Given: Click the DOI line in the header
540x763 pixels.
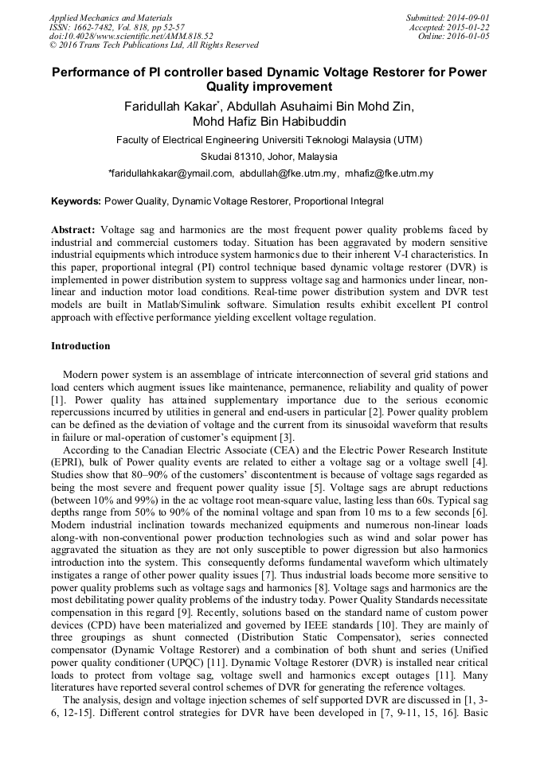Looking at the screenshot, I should pos(131,36).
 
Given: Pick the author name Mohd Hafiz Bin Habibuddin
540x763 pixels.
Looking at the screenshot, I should pos(269,122).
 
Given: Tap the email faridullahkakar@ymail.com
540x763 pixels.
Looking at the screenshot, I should pos(171,173).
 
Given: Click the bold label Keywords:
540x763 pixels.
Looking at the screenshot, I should pos(76,201).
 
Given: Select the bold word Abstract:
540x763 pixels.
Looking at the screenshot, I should pos(73,230).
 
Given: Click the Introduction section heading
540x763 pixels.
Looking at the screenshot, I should pos(80,346).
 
